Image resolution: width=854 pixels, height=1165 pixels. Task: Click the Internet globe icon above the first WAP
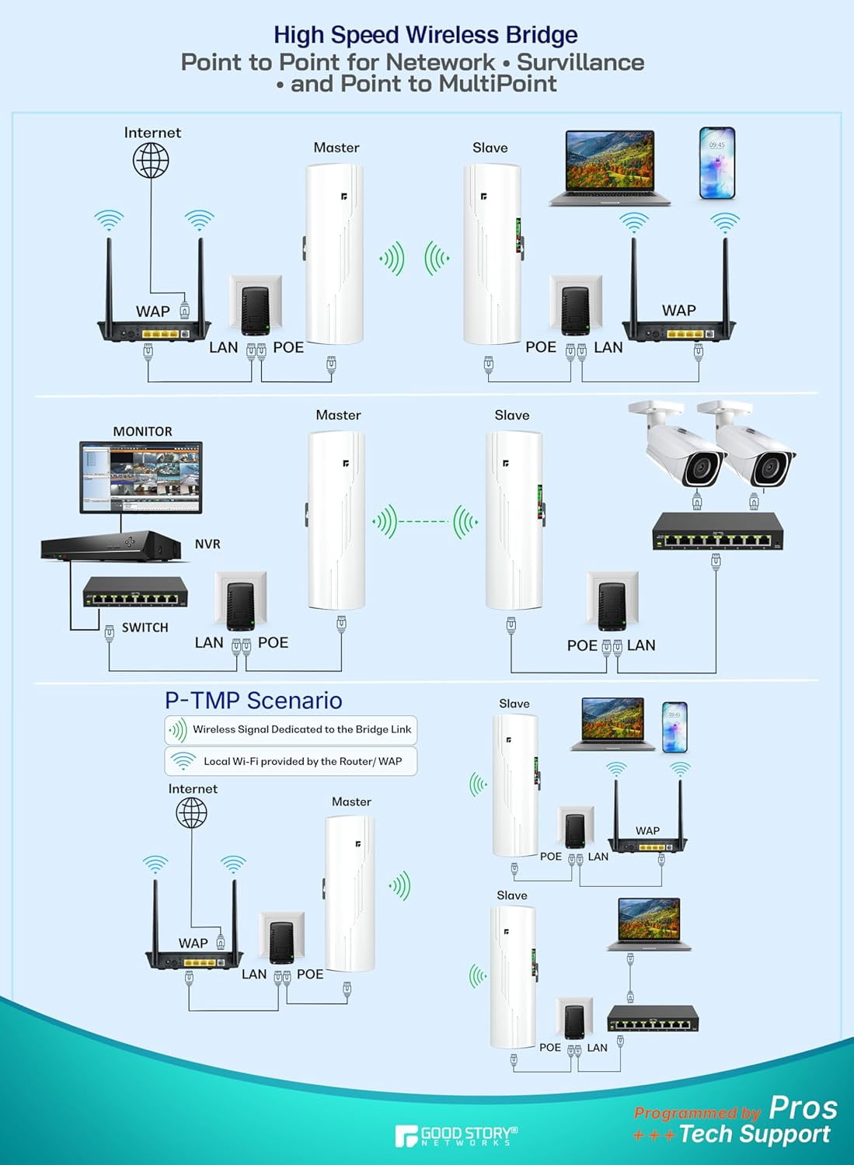tap(151, 161)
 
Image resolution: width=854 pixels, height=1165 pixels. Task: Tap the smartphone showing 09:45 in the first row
tap(716, 163)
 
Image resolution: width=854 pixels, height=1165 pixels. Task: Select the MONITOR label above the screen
tap(142, 431)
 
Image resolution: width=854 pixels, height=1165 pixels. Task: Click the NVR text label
tap(207, 544)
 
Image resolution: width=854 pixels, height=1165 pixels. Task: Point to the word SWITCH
tap(145, 628)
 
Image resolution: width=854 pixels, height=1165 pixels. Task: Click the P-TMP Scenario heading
tap(253, 701)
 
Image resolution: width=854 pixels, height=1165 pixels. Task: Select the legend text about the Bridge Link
tap(302, 729)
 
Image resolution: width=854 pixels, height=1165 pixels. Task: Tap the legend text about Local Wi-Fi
tap(302, 761)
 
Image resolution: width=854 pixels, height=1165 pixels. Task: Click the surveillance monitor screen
tap(141, 476)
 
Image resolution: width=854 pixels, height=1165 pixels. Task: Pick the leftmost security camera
tap(684, 447)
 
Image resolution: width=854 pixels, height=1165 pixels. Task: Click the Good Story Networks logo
tap(455, 1136)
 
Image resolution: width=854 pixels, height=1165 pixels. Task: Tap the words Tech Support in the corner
tap(754, 1135)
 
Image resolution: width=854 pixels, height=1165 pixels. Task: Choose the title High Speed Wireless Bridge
tap(426, 35)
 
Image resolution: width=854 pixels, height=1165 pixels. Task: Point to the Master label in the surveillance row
tap(338, 415)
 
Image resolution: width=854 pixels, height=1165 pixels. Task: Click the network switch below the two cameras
tap(717, 531)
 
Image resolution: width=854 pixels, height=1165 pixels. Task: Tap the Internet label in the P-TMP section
tap(193, 788)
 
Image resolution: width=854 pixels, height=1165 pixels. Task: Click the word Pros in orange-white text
tap(803, 1107)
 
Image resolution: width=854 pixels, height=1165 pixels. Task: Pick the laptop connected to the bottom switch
tap(649, 924)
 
